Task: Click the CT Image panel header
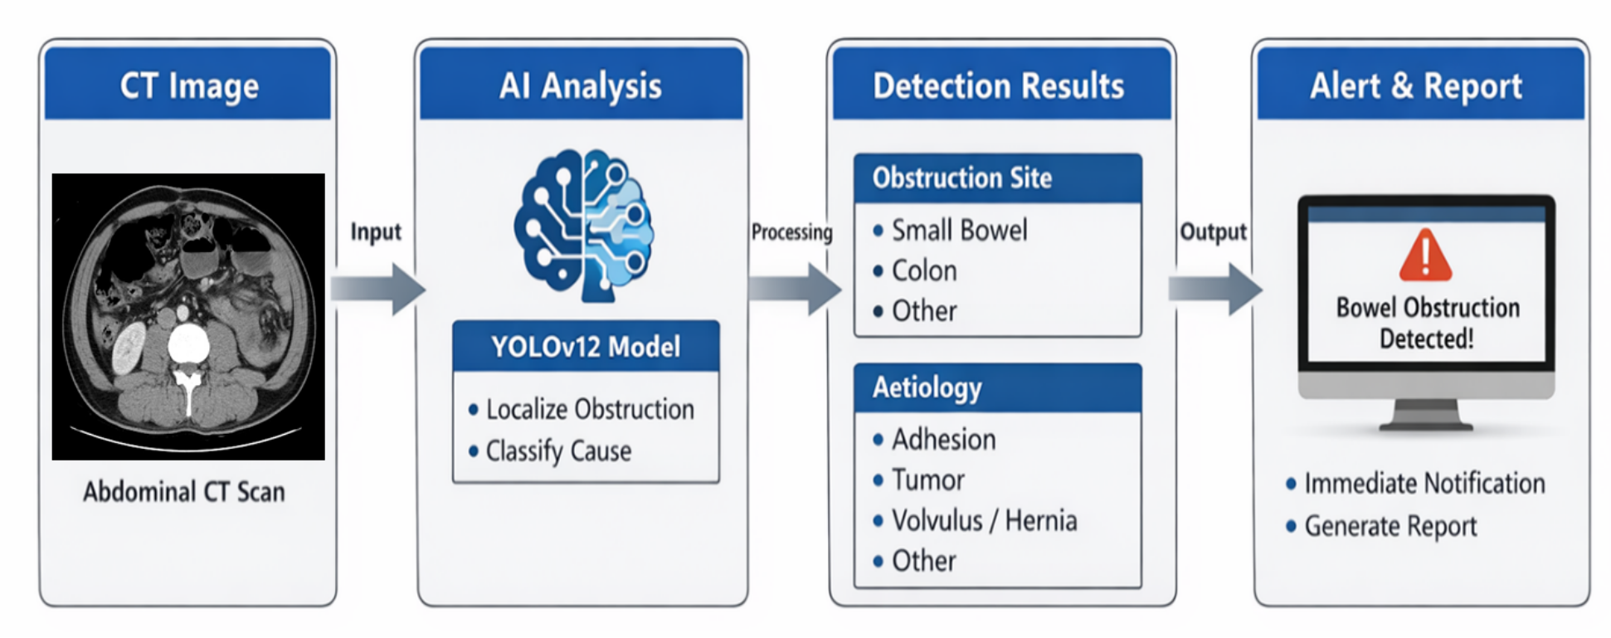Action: (188, 85)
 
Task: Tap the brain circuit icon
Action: (583, 225)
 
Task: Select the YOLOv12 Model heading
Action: (586, 347)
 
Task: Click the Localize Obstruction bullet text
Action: (590, 409)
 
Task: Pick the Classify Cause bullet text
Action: (558, 451)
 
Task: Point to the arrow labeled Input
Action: (378, 289)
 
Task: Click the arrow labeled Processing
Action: (794, 289)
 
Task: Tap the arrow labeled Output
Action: (1214, 289)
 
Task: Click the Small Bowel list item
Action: (959, 231)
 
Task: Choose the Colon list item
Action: (924, 271)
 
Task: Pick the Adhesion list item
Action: (943, 440)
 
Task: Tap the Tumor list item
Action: (927, 480)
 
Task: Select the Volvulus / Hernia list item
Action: (984, 521)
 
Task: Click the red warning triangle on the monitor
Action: (1425, 256)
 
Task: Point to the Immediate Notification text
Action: (1424, 484)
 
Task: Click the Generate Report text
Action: (1390, 526)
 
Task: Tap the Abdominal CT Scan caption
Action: (183, 492)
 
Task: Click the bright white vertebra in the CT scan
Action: (188, 345)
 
